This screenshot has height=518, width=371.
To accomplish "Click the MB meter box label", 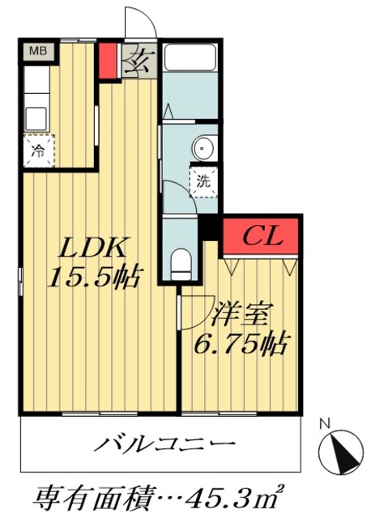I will point(39,51).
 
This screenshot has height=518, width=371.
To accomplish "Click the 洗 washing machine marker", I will point(202,180).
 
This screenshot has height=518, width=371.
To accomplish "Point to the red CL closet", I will point(262,237).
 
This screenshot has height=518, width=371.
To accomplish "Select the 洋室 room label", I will point(243,313).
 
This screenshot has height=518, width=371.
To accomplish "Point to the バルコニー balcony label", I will point(167,444).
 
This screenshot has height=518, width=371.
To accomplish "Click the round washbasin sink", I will point(204,149).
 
